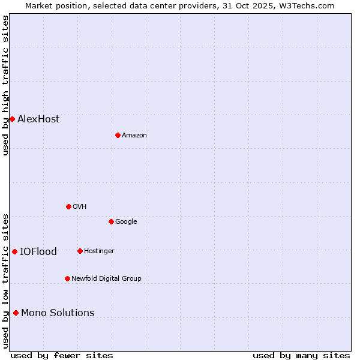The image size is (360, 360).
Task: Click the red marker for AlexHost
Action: (x=12, y=119)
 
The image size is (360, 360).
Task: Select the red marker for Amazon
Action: (x=118, y=135)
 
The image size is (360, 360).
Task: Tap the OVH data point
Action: (x=68, y=206)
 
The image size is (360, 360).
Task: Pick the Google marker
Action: (x=111, y=221)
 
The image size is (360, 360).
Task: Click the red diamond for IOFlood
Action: (x=14, y=251)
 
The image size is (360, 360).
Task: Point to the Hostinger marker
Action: (x=80, y=251)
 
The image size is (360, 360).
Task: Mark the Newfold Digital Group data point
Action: (x=67, y=278)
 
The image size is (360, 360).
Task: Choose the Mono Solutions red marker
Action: (x=16, y=313)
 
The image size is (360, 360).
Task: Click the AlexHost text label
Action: (x=38, y=119)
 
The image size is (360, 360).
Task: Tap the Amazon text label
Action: (x=134, y=135)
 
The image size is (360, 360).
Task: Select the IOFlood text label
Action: (x=38, y=251)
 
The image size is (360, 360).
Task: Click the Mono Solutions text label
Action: (x=58, y=313)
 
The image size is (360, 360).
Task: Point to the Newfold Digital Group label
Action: (x=106, y=278)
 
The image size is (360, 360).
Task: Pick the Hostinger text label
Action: (x=99, y=251)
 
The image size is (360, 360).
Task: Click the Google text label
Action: (x=126, y=221)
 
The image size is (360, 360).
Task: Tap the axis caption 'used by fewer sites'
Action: (x=62, y=355)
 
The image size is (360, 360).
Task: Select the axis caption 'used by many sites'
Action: (x=301, y=355)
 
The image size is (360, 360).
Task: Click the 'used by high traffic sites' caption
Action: (x=5, y=85)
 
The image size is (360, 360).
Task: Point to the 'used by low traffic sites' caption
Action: (x=5, y=280)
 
